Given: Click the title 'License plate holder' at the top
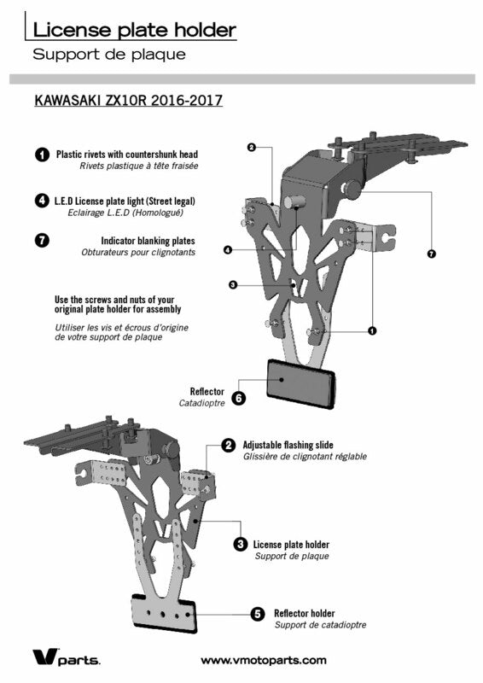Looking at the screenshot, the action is (x=135, y=30).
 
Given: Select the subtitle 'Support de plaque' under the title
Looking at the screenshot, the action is (x=109, y=55).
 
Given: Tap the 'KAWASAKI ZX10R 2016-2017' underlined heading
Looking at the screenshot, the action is (x=129, y=100).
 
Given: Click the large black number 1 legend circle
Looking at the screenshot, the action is (x=42, y=155).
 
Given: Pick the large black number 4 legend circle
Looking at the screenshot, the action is (x=42, y=201).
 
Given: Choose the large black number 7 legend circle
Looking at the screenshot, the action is (x=42, y=241).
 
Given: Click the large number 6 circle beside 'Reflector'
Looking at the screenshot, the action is (x=239, y=398).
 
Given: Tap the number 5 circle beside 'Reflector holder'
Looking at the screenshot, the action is (x=258, y=614).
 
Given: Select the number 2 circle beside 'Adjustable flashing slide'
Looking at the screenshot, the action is (x=228, y=445).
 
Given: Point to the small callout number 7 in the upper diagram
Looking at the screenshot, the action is (x=432, y=254).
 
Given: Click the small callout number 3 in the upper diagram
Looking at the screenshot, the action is (x=233, y=285).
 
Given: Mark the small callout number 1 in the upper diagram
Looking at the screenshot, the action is (x=372, y=331).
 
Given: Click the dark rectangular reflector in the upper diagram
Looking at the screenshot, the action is (x=301, y=383).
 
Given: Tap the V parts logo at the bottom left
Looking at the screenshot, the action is (x=67, y=657).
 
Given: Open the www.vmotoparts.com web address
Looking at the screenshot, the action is (x=264, y=660).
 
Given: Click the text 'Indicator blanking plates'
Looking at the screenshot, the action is (x=148, y=241).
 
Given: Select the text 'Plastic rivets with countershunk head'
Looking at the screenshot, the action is (x=127, y=155).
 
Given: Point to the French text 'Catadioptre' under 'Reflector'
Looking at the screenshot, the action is (x=202, y=403).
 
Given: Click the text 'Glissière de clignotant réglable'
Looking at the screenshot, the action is (x=305, y=457).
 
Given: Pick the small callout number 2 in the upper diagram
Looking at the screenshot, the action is (x=251, y=147).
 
